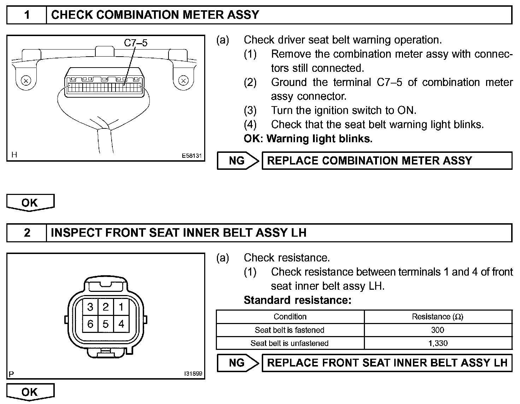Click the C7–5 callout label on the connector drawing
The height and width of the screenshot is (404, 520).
click(136, 43)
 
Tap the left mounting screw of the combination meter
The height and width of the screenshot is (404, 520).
click(25, 80)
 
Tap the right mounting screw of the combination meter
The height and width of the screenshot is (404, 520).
click(183, 80)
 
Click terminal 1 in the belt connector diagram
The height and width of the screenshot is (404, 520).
click(121, 307)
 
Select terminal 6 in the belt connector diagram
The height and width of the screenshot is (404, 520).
click(90, 324)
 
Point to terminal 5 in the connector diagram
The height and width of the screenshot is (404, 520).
click(106, 324)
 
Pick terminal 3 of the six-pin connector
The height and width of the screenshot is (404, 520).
click(90, 307)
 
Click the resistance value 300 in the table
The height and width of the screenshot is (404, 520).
click(438, 330)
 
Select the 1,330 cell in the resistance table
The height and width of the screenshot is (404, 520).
click(438, 343)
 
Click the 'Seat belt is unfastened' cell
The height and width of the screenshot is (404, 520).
click(289, 343)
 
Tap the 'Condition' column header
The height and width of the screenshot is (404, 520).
click(290, 317)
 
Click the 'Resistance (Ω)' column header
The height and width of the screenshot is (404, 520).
click(438, 317)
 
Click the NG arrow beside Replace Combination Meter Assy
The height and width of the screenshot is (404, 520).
click(237, 161)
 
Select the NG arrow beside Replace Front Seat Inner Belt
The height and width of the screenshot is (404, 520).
click(237, 363)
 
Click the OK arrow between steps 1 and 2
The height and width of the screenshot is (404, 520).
click(30, 203)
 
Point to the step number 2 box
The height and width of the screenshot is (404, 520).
click(27, 233)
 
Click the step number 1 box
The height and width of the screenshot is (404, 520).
click(27, 15)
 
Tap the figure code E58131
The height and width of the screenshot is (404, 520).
click(191, 155)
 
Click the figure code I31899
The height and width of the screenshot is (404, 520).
click(193, 373)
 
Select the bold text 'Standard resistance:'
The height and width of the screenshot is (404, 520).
click(297, 300)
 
